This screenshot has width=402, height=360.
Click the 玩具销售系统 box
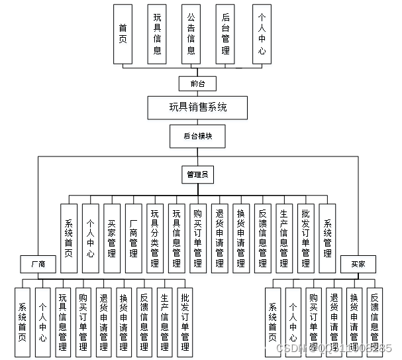[x=198, y=107]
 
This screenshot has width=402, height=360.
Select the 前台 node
[x=197, y=84]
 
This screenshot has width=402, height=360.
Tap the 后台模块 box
[x=197, y=135]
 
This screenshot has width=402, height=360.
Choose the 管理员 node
[x=197, y=174]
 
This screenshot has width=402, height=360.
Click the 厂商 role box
[x=38, y=263]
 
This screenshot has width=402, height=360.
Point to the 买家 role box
[x=358, y=263]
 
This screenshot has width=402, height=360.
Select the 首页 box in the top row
[x=123, y=34]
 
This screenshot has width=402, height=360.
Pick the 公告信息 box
[x=191, y=34]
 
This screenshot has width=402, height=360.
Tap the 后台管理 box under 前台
[x=226, y=34]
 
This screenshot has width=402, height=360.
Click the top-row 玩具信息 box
[x=157, y=34]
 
